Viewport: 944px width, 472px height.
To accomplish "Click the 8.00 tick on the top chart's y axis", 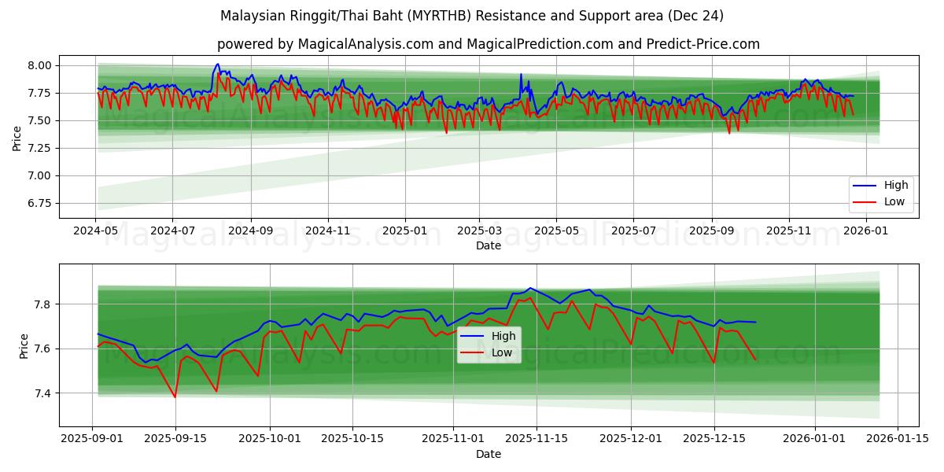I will [x=39, y=65].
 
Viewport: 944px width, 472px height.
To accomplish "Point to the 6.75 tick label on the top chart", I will [x=39, y=203].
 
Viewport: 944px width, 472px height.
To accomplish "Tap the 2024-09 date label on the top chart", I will [x=251, y=231].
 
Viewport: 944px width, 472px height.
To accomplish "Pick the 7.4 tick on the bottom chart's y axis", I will [x=44, y=393].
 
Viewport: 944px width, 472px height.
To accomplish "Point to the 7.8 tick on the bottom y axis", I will [x=44, y=304].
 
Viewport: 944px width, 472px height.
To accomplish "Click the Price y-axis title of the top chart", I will [x=17, y=138].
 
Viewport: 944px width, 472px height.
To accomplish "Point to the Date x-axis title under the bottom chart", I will [x=488, y=454].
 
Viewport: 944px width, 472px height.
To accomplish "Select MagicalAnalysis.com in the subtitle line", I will [x=365, y=44].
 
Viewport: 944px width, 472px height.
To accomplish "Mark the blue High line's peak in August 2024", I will [x=218, y=65].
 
